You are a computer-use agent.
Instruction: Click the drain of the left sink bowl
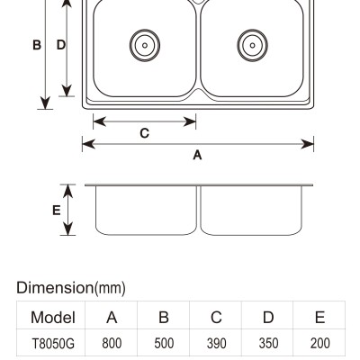145,45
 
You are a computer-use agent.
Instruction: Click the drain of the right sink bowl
252,45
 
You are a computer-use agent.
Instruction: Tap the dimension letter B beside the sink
37,45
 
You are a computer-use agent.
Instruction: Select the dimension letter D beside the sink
61,45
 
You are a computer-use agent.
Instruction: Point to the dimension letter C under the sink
145,133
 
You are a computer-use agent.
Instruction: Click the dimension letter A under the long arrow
197,155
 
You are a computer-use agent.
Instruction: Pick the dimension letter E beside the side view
57,211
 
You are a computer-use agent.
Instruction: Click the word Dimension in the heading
55,287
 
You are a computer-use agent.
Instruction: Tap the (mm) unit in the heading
110,288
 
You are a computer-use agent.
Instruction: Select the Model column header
53,318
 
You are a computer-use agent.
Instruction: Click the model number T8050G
53,344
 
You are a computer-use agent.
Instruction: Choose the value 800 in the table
112,344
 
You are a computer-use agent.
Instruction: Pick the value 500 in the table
164,344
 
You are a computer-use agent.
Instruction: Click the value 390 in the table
216,344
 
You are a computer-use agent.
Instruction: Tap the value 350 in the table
268,344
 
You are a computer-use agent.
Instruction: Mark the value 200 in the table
320,344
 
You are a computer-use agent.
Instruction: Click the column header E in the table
320,318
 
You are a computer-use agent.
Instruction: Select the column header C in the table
216,318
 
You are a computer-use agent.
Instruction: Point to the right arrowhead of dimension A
307,144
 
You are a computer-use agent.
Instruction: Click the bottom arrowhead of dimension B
45,103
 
